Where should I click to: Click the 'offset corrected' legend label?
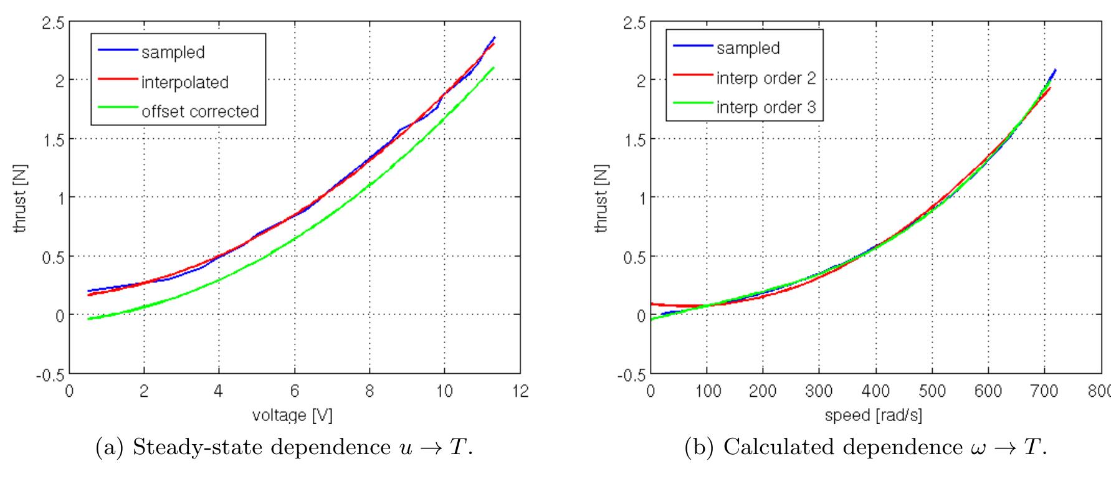(x=199, y=111)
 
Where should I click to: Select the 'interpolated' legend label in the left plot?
(x=184, y=82)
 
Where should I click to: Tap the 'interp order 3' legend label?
(x=766, y=107)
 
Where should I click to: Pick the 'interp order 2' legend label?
(x=766, y=78)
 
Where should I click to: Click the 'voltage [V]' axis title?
(x=292, y=415)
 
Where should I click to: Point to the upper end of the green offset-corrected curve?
(x=494, y=67)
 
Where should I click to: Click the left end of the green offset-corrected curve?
(x=89, y=318)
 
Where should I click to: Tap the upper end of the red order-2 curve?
(x=1050, y=88)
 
